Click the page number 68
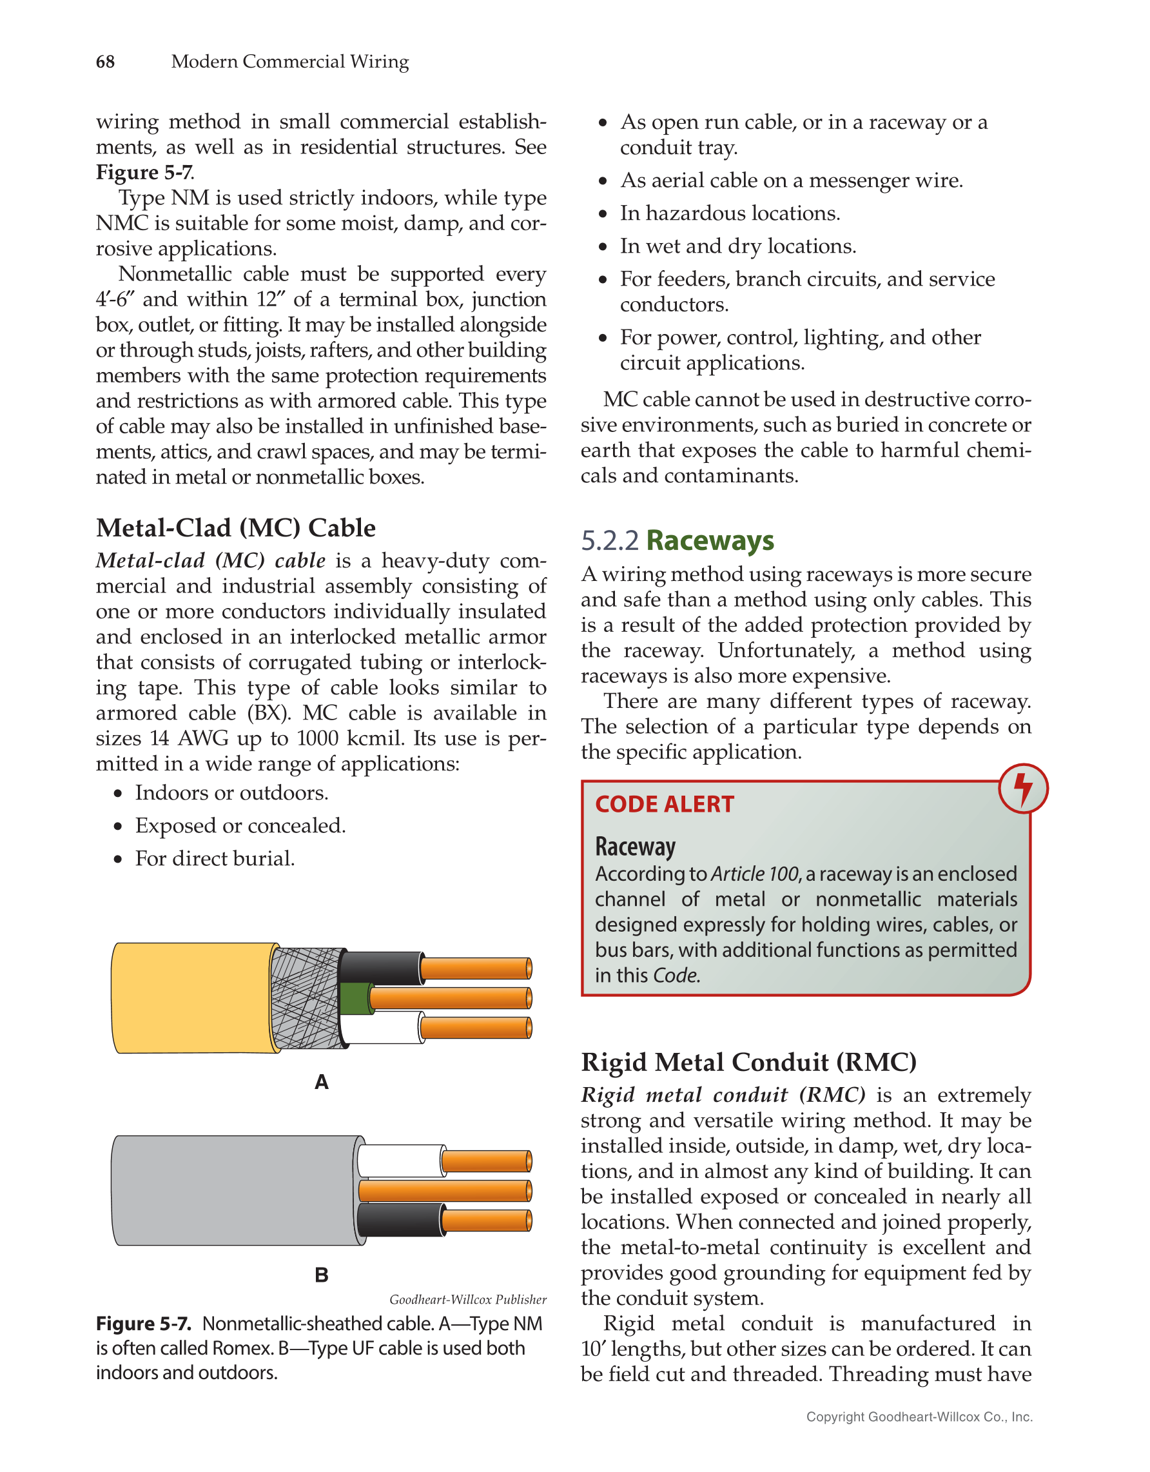(105, 62)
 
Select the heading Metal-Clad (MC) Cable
(235, 527)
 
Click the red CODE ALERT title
(663, 804)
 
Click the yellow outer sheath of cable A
(192, 997)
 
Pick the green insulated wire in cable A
(355, 998)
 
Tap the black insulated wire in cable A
(380, 968)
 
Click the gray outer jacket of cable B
(233, 1190)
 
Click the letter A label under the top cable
(322, 1083)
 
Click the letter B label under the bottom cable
(322, 1275)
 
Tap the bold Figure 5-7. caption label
(144, 1324)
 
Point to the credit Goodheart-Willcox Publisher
(467, 1299)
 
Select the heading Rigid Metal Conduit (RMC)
(748, 1062)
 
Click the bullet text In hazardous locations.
(730, 213)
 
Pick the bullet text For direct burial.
(215, 859)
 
